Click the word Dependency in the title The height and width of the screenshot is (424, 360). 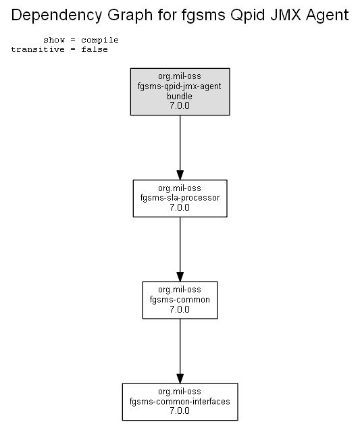57,16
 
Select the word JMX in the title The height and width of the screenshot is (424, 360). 286,15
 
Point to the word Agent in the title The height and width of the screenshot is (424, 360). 328,16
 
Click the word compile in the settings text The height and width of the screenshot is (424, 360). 100,41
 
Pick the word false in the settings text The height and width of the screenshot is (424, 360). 95,49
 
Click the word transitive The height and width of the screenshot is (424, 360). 38,49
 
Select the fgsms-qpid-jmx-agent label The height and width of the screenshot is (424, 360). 180,86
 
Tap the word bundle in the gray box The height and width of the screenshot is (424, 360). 180,96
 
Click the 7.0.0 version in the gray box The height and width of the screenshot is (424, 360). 180,105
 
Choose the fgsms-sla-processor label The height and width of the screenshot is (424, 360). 180,198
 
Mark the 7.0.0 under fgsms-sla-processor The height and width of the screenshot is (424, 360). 180,207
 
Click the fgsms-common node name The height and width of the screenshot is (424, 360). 180,300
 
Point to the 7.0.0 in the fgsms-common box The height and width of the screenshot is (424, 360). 180,309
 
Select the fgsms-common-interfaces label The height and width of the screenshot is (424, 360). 180,401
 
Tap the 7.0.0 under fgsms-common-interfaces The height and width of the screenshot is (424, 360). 180,410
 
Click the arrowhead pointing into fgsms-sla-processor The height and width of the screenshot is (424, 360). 180,175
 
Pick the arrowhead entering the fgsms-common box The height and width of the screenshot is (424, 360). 180,277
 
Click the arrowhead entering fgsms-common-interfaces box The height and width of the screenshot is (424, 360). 180,379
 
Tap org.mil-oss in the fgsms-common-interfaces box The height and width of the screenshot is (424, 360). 180,392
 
